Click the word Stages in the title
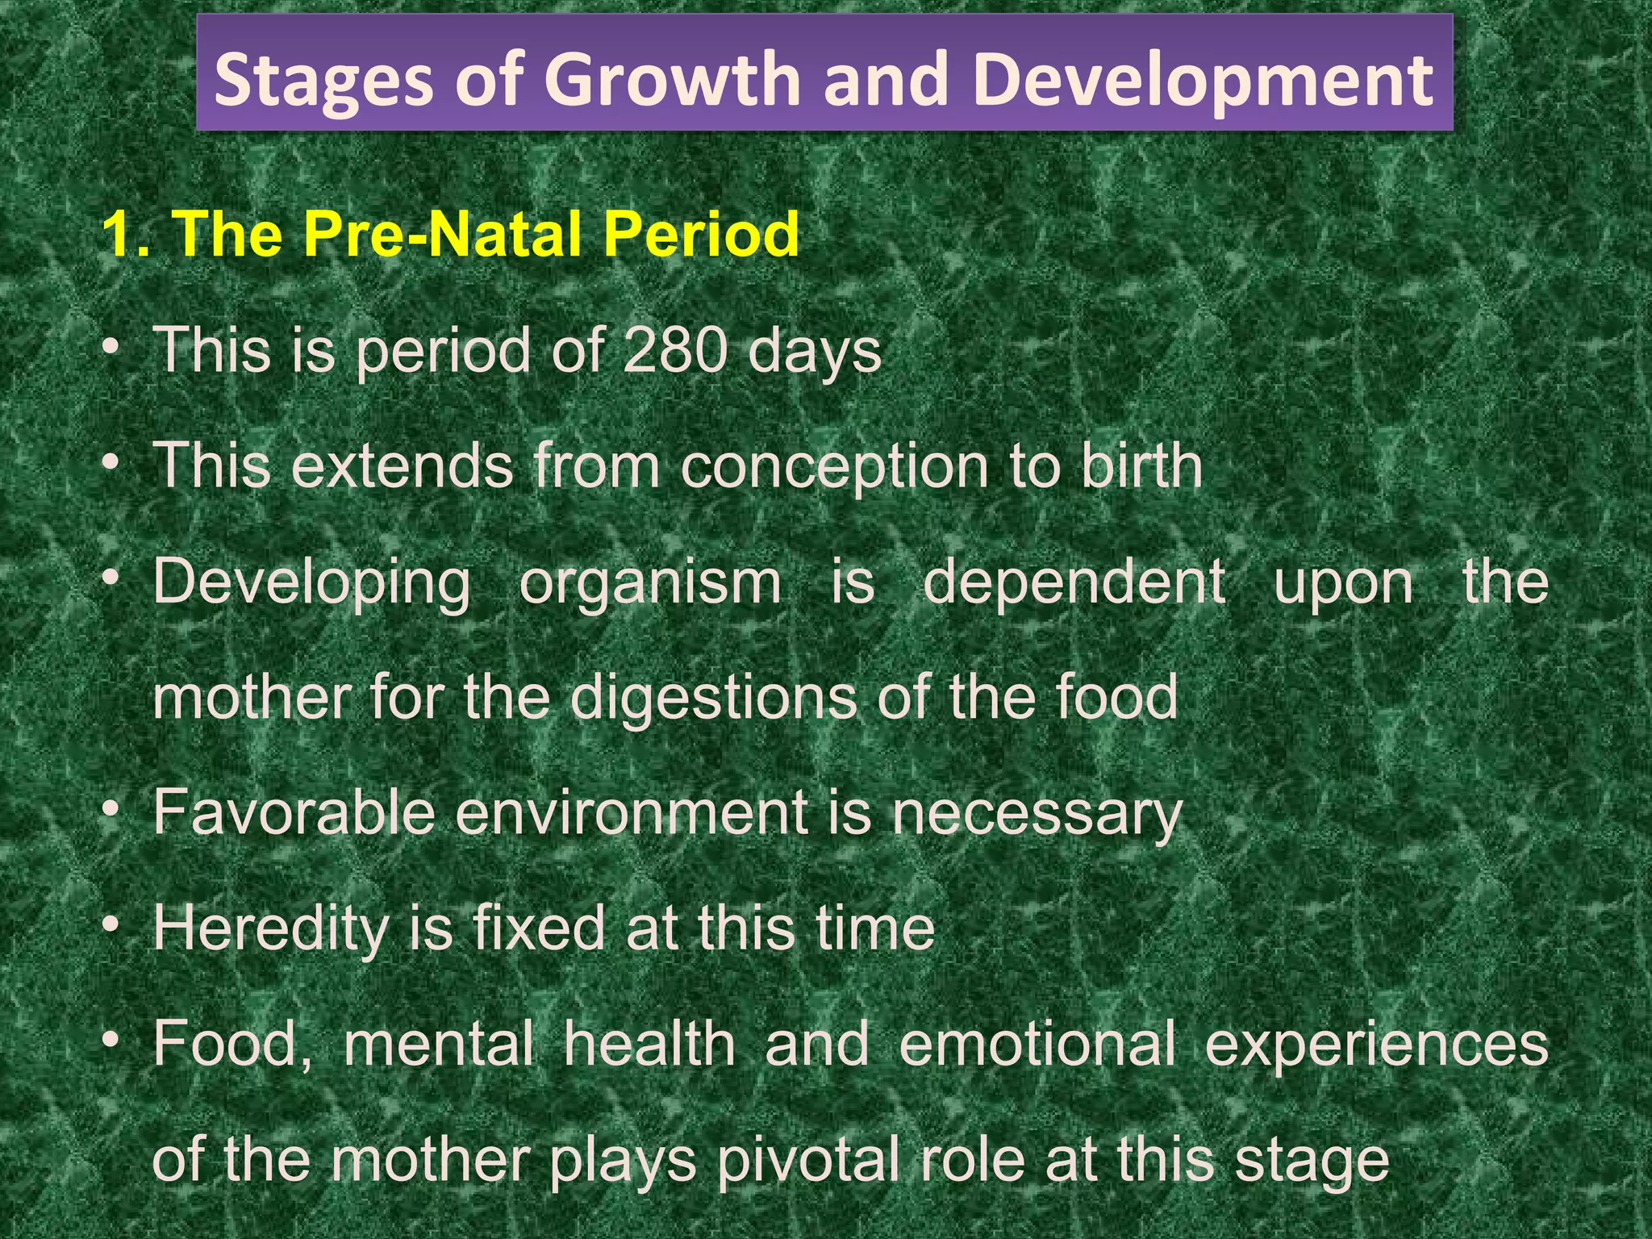click(323, 81)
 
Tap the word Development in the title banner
click(1202, 81)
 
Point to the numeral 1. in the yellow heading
click(126, 235)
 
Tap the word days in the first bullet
click(815, 353)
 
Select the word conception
click(834, 468)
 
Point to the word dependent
click(1074, 582)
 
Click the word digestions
click(713, 698)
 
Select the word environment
click(632, 812)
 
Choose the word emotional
click(1037, 1044)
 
